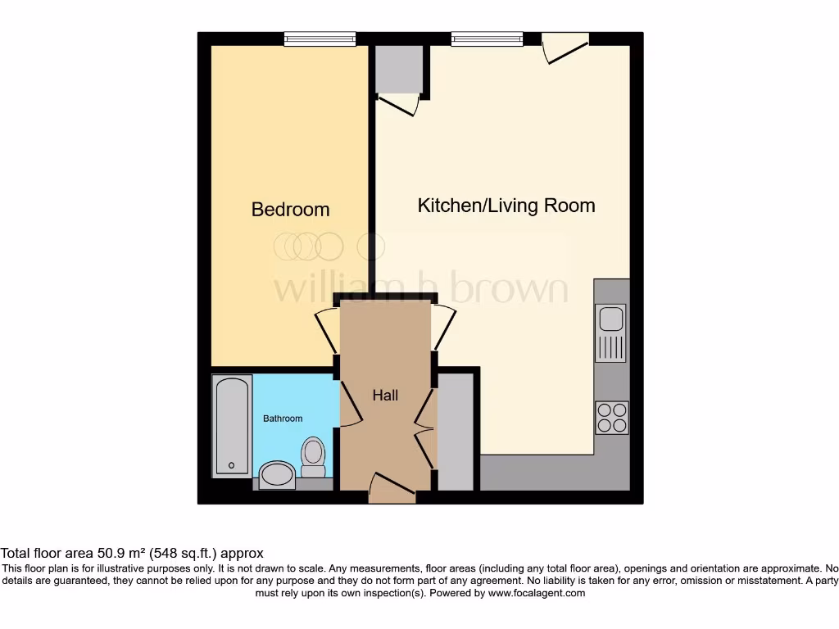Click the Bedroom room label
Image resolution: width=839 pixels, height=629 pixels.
click(x=290, y=210)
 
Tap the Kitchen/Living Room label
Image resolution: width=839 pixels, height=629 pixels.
click(x=506, y=205)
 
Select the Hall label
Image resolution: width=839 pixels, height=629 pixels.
click(x=385, y=395)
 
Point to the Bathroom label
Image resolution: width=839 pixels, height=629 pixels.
click(x=283, y=419)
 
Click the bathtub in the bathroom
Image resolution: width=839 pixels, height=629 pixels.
click(x=232, y=425)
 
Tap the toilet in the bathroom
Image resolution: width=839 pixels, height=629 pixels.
click(x=313, y=457)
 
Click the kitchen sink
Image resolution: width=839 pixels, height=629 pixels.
click(x=610, y=333)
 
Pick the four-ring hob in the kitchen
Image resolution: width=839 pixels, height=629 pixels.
click(x=611, y=417)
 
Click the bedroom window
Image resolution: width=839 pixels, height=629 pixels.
click(x=320, y=38)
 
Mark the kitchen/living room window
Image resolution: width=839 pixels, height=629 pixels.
click(x=487, y=38)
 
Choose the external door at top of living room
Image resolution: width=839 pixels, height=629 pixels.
click(x=565, y=47)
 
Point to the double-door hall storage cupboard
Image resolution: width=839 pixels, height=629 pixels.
click(x=456, y=432)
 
